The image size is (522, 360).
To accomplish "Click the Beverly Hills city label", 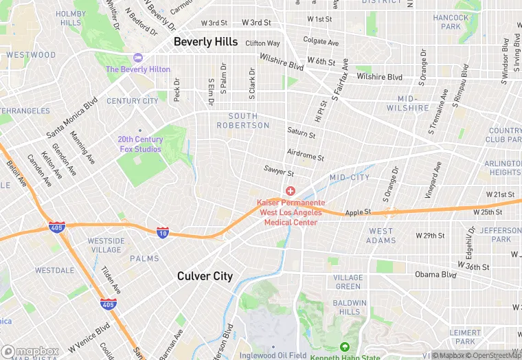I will pyautogui.click(x=205, y=42).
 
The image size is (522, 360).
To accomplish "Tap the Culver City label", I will pyautogui.click(x=205, y=276).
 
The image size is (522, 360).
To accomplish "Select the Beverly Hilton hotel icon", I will pyautogui.click(x=137, y=58).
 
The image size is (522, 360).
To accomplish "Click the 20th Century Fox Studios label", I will pyautogui.click(x=139, y=144).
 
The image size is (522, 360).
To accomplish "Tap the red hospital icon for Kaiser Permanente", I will pyautogui.click(x=290, y=190).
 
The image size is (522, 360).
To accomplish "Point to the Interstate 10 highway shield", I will pyautogui.click(x=163, y=233).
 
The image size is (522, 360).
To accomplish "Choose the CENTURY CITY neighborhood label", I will pyautogui.click(x=133, y=101).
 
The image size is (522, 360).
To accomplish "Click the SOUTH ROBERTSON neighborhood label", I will pyautogui.click(x=243, y=121).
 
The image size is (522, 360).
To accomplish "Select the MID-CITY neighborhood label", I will pyautogui.click(x=350, y=177).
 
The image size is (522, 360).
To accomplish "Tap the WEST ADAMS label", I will pyautogui.click(x=381, y=236).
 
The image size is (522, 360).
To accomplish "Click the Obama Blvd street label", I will pyautogui.click(x=435, y=275).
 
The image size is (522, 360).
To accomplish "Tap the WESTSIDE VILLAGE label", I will pyautogui.click(x=106, y=245).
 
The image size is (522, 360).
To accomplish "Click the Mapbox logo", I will pyautogui.click(x=30, y=351).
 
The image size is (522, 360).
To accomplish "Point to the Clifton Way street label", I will pyautogui.click(x=263, y=43).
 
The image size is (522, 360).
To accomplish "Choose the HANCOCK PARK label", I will pyautogui.click(x=451, y=22).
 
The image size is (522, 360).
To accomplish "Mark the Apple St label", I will pyautogui.click(x=358, y=212).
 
